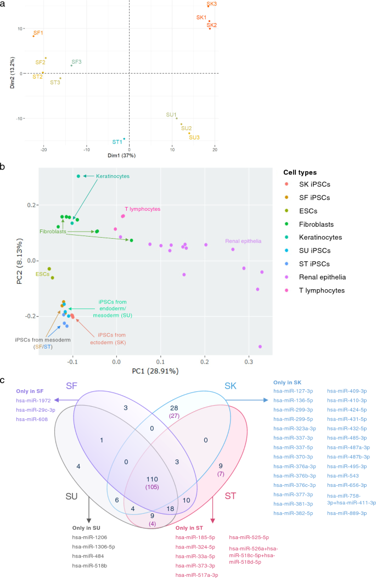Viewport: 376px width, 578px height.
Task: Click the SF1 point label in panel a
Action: (x=38, y=33)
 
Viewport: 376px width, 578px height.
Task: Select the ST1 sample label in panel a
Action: (x=117, y=142)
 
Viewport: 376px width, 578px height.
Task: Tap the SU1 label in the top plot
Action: (x=171, y=115)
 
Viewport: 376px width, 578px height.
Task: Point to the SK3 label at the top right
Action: (x=211, y=4)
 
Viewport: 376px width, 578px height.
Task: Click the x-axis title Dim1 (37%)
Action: (x=130, y=157)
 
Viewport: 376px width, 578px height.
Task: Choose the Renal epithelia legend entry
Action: (x=318, y=277)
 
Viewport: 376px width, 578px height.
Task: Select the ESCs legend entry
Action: (x=305, y=211)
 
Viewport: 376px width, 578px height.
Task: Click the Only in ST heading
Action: (x=190, y=528)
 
